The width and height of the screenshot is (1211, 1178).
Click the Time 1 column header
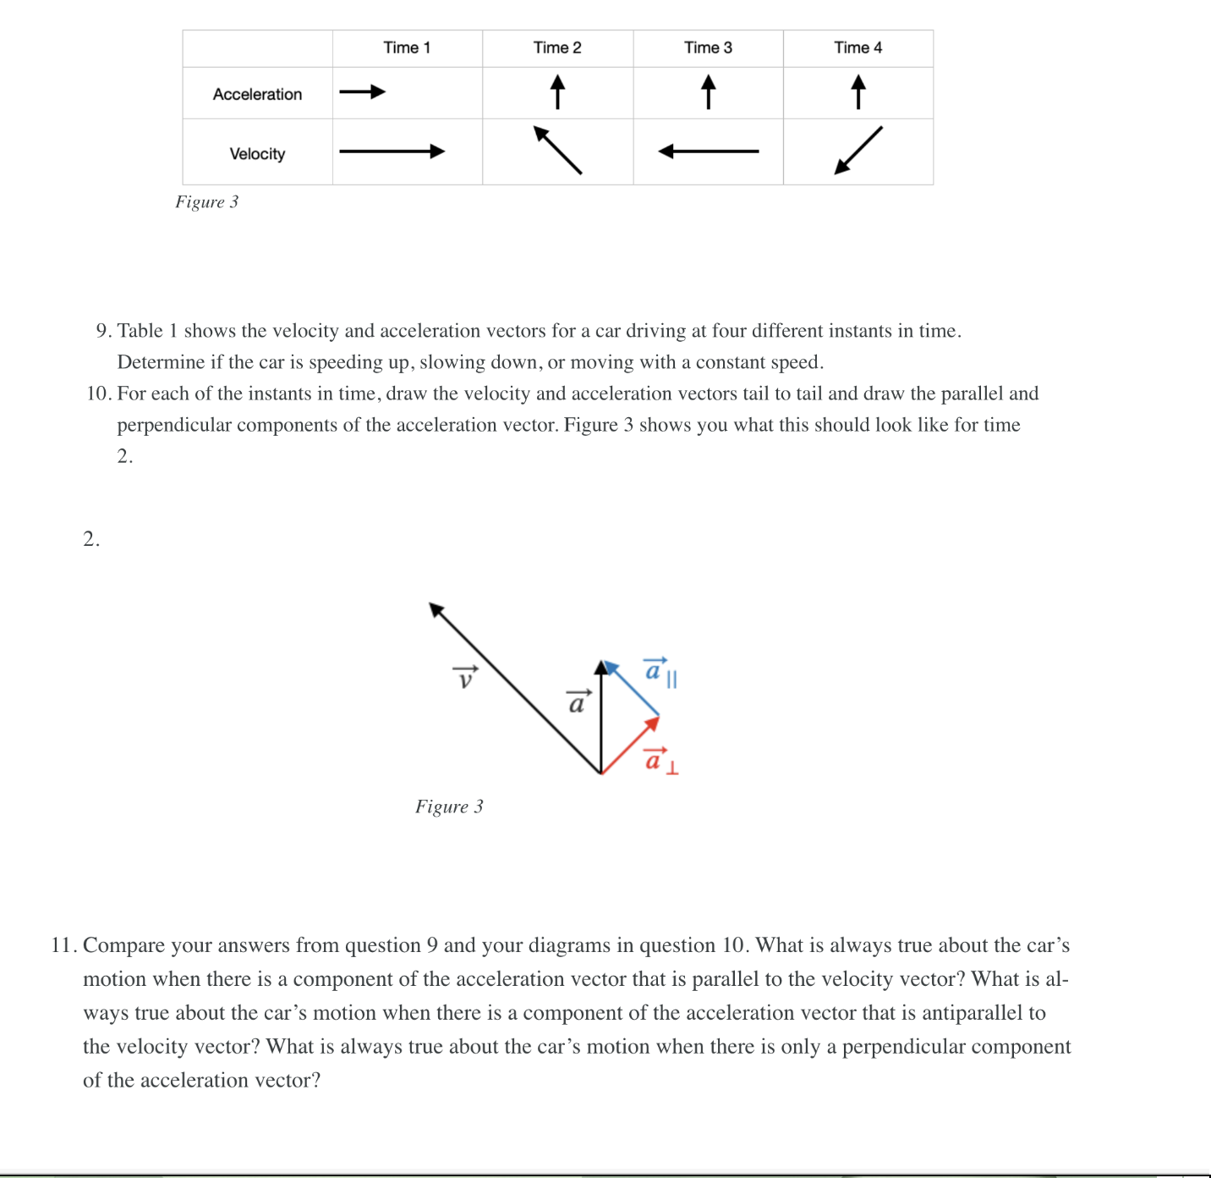pos(407,48)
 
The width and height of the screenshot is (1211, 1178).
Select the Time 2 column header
pos(557,48)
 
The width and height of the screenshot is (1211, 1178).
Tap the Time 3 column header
pos(708,48)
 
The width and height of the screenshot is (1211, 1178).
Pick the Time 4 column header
pos(858,48)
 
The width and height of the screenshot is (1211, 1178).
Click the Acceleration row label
pos(257,95)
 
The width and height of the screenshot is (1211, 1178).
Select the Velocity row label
pos(257,154)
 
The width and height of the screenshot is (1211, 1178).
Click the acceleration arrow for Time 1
pos(362,92)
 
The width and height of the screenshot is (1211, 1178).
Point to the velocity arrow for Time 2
pos(557,150)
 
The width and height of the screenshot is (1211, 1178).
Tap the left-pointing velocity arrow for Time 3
pos(708,151)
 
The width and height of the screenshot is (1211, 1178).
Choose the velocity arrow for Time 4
pos(858,151)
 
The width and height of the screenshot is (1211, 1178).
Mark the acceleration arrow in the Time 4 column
pos(858,92)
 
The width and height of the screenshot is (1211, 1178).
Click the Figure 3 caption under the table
pos(207,202)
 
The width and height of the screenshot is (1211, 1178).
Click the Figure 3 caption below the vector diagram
pos(449,806)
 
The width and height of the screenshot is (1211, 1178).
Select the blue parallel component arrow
pos(633,689)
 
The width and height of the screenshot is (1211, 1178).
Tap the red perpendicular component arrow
pos(630,746)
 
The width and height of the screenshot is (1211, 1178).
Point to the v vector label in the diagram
pos(464,678)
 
